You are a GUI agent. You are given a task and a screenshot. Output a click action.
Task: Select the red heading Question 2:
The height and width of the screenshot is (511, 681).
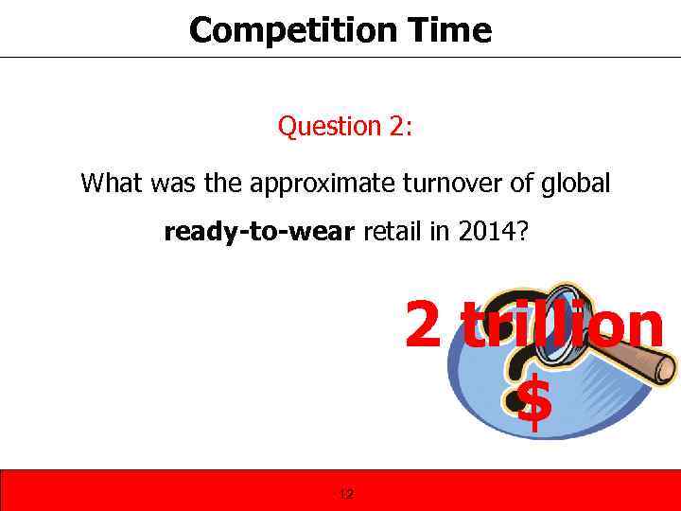(x=344, y=126)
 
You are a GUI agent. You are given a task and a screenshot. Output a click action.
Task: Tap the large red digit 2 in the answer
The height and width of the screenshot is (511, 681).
(x=423, y=324)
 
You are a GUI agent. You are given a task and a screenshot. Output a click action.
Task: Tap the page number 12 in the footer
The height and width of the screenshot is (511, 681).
(x=345, y=493)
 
